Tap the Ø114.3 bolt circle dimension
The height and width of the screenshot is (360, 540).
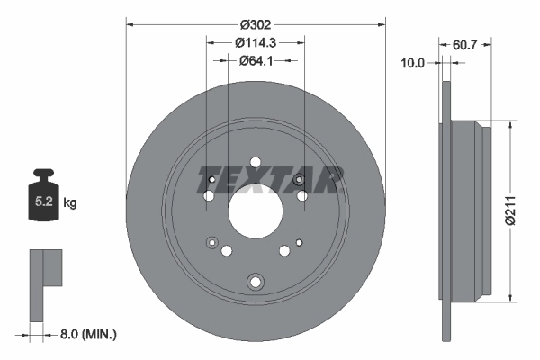pos(256,41)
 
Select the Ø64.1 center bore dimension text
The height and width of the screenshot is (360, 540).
pos(256,60)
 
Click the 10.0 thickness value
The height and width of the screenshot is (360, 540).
pos(413,62)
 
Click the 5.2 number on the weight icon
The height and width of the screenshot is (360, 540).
pos(43,203)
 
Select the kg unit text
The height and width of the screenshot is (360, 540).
pos(70,203)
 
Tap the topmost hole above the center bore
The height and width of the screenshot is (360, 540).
pos(256,163)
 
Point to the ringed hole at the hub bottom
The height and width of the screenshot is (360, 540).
pos(256,282)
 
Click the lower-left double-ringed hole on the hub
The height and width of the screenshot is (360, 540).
pos(212,241)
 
